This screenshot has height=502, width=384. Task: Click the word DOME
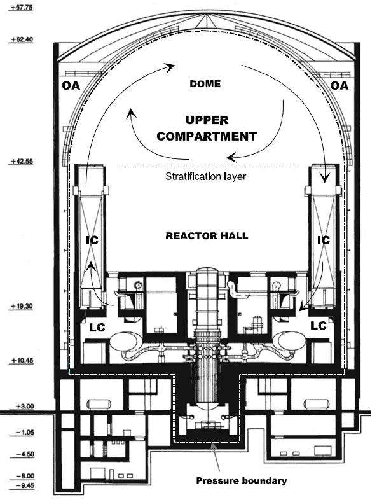tap(206, 84)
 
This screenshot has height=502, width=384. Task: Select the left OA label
tap(71, 86)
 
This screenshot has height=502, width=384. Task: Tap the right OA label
tap(340, 86)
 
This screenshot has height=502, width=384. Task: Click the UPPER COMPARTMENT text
tap(207, 128)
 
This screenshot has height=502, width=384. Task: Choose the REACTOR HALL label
tap(207, 235)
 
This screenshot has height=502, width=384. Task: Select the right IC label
tap(324, 240)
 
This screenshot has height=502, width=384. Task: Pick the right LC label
tap(318, 325)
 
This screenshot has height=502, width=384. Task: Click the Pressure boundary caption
tap(241, 480)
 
